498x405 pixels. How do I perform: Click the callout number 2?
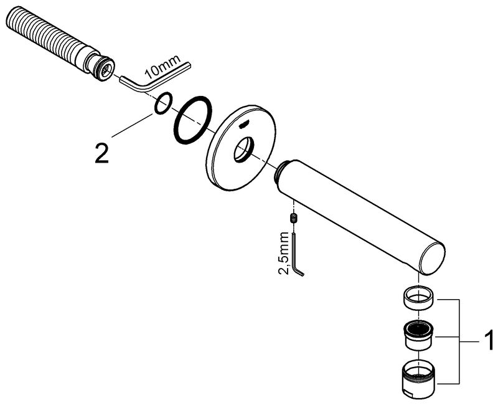(x=102, y=153)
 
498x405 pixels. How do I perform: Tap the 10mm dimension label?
(x=162, y=68)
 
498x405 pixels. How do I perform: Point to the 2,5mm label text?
(x=284, y=253)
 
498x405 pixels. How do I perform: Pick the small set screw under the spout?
(x=294, y=219)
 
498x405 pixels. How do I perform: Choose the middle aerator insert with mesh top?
(x=419, y=335)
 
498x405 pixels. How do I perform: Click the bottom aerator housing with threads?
(x=419, y=378)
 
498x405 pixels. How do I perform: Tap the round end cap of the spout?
(x=433, y=259)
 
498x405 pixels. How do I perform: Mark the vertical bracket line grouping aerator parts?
(x=460, y=341)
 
